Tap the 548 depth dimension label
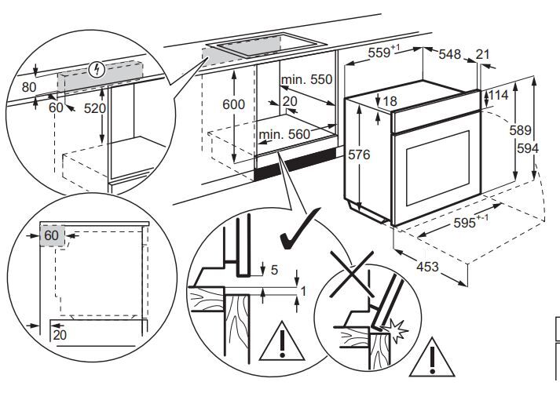[x=449, y=54]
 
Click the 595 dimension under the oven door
[x=469, y=224]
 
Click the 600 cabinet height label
[x=232, y=104]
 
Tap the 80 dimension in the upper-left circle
[x=29, y=87]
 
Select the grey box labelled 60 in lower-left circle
[x=51, y=235]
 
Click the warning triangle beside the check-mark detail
[x=277, y=341]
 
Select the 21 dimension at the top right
[x=484, y=54]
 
